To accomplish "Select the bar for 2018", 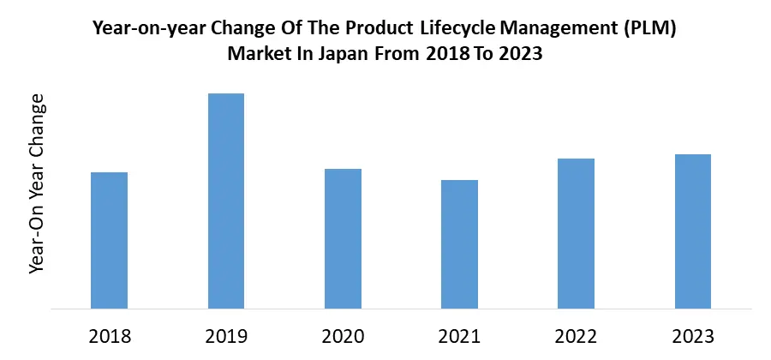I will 109,240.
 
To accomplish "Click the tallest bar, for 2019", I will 226,201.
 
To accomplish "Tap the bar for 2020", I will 343,238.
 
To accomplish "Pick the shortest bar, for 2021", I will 459,244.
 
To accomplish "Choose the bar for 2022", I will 576,233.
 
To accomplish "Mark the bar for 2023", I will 693,231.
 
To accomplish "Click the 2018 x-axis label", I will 109,335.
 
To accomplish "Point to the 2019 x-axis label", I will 226,335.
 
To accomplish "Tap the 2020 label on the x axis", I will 343,335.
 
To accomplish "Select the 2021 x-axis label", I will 459,335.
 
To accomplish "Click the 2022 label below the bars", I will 576,335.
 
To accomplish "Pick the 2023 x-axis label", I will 693,335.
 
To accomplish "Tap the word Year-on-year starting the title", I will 143,29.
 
